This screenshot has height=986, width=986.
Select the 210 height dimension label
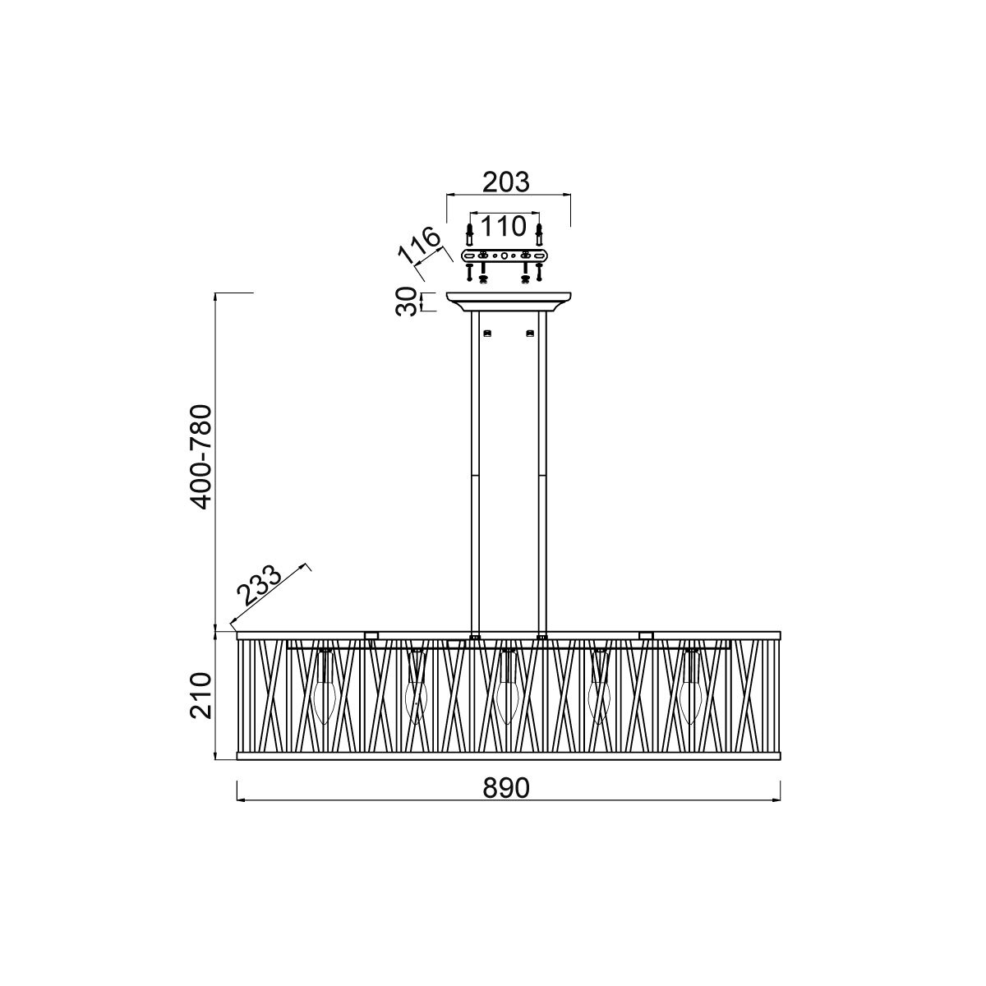[202, 695]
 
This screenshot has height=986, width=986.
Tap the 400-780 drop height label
[202, 456]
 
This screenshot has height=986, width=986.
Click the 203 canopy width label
[506, 182]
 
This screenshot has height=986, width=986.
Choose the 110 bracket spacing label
[503, 226]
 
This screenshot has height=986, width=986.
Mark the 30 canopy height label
[405, 303]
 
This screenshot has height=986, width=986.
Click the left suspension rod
[475, 468]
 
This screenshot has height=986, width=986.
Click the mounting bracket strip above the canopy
[503, 256]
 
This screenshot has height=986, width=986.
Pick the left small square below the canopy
[487, 333]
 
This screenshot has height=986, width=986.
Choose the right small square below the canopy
[530, 333]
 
